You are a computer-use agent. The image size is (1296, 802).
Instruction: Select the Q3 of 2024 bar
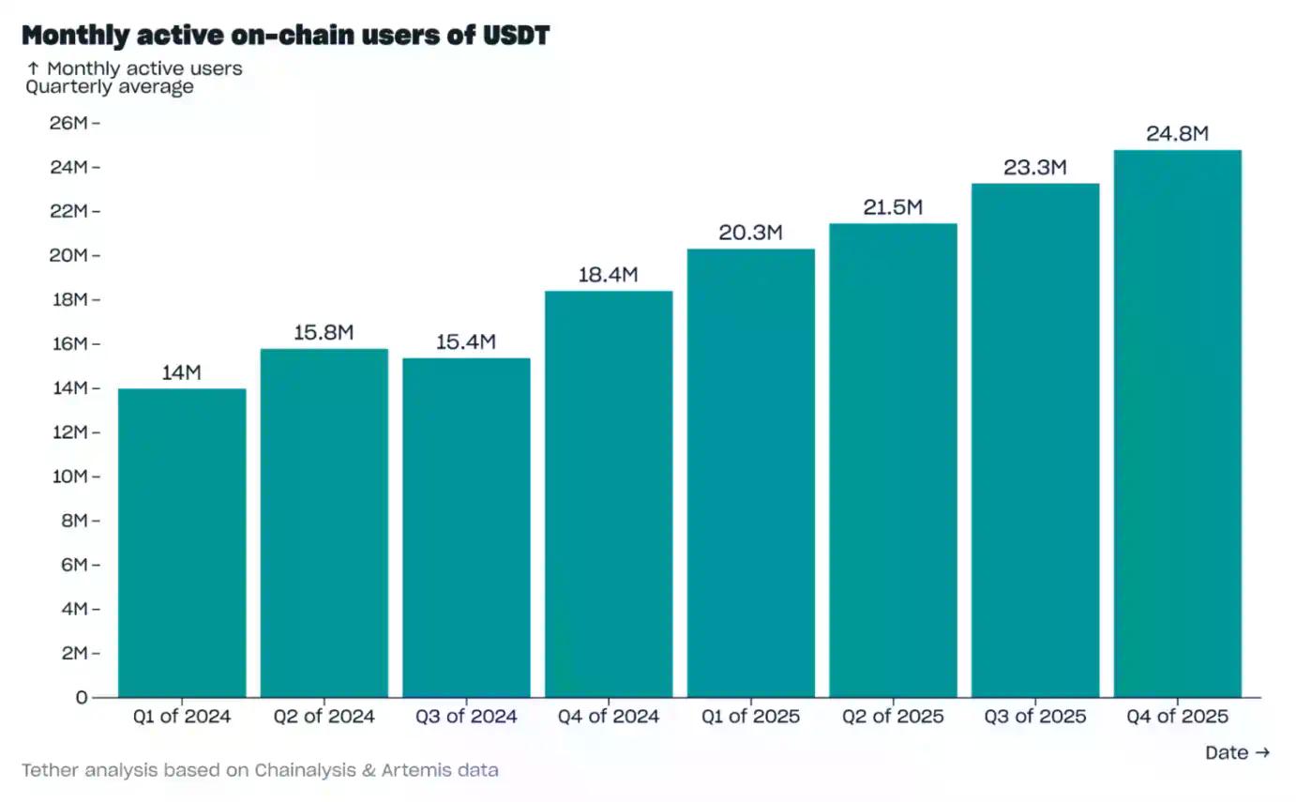click(x=466, y=527)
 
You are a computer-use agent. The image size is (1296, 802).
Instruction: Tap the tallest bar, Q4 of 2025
click(x=1177, y=423)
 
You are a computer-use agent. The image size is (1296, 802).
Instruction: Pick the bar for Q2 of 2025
click(x=893, y=460)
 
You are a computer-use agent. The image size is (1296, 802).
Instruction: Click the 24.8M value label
click(x=1177, y=134)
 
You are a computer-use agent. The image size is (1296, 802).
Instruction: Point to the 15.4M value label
click(x=466, y=342)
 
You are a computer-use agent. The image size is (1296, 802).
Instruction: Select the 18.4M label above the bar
click(x=608, y=275)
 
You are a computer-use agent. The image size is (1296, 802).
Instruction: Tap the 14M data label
click(x=181, y=372)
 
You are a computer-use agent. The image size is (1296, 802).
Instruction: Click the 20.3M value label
click(x=750, y=233)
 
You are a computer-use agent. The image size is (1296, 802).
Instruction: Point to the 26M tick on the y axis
click(x=68, y=123)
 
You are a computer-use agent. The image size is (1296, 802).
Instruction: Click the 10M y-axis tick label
click(x=68, y=477)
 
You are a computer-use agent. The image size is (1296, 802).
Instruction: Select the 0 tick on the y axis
click(x=82, y=697)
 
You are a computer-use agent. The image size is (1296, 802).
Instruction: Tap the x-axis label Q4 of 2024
click(x=608, y=717)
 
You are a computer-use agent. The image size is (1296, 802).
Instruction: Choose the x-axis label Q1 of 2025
click(x=750, y=717)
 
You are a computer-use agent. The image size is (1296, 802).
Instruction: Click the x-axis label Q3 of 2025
click(x=1034, y=717)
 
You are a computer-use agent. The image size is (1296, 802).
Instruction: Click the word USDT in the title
click(x=516, y=36)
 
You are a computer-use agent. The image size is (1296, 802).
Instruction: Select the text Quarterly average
click(x=110, y=87)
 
